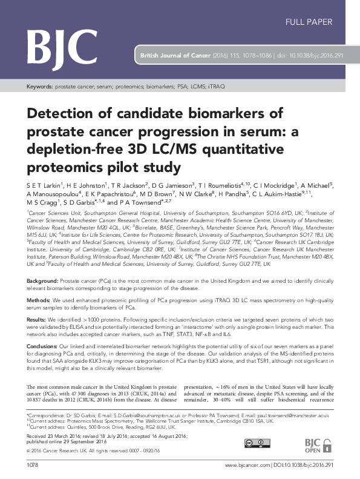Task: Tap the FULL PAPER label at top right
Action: click(x=309, y=22)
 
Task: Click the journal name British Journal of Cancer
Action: click(x=175, y=54)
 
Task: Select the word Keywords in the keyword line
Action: click(x=40, y=87)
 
